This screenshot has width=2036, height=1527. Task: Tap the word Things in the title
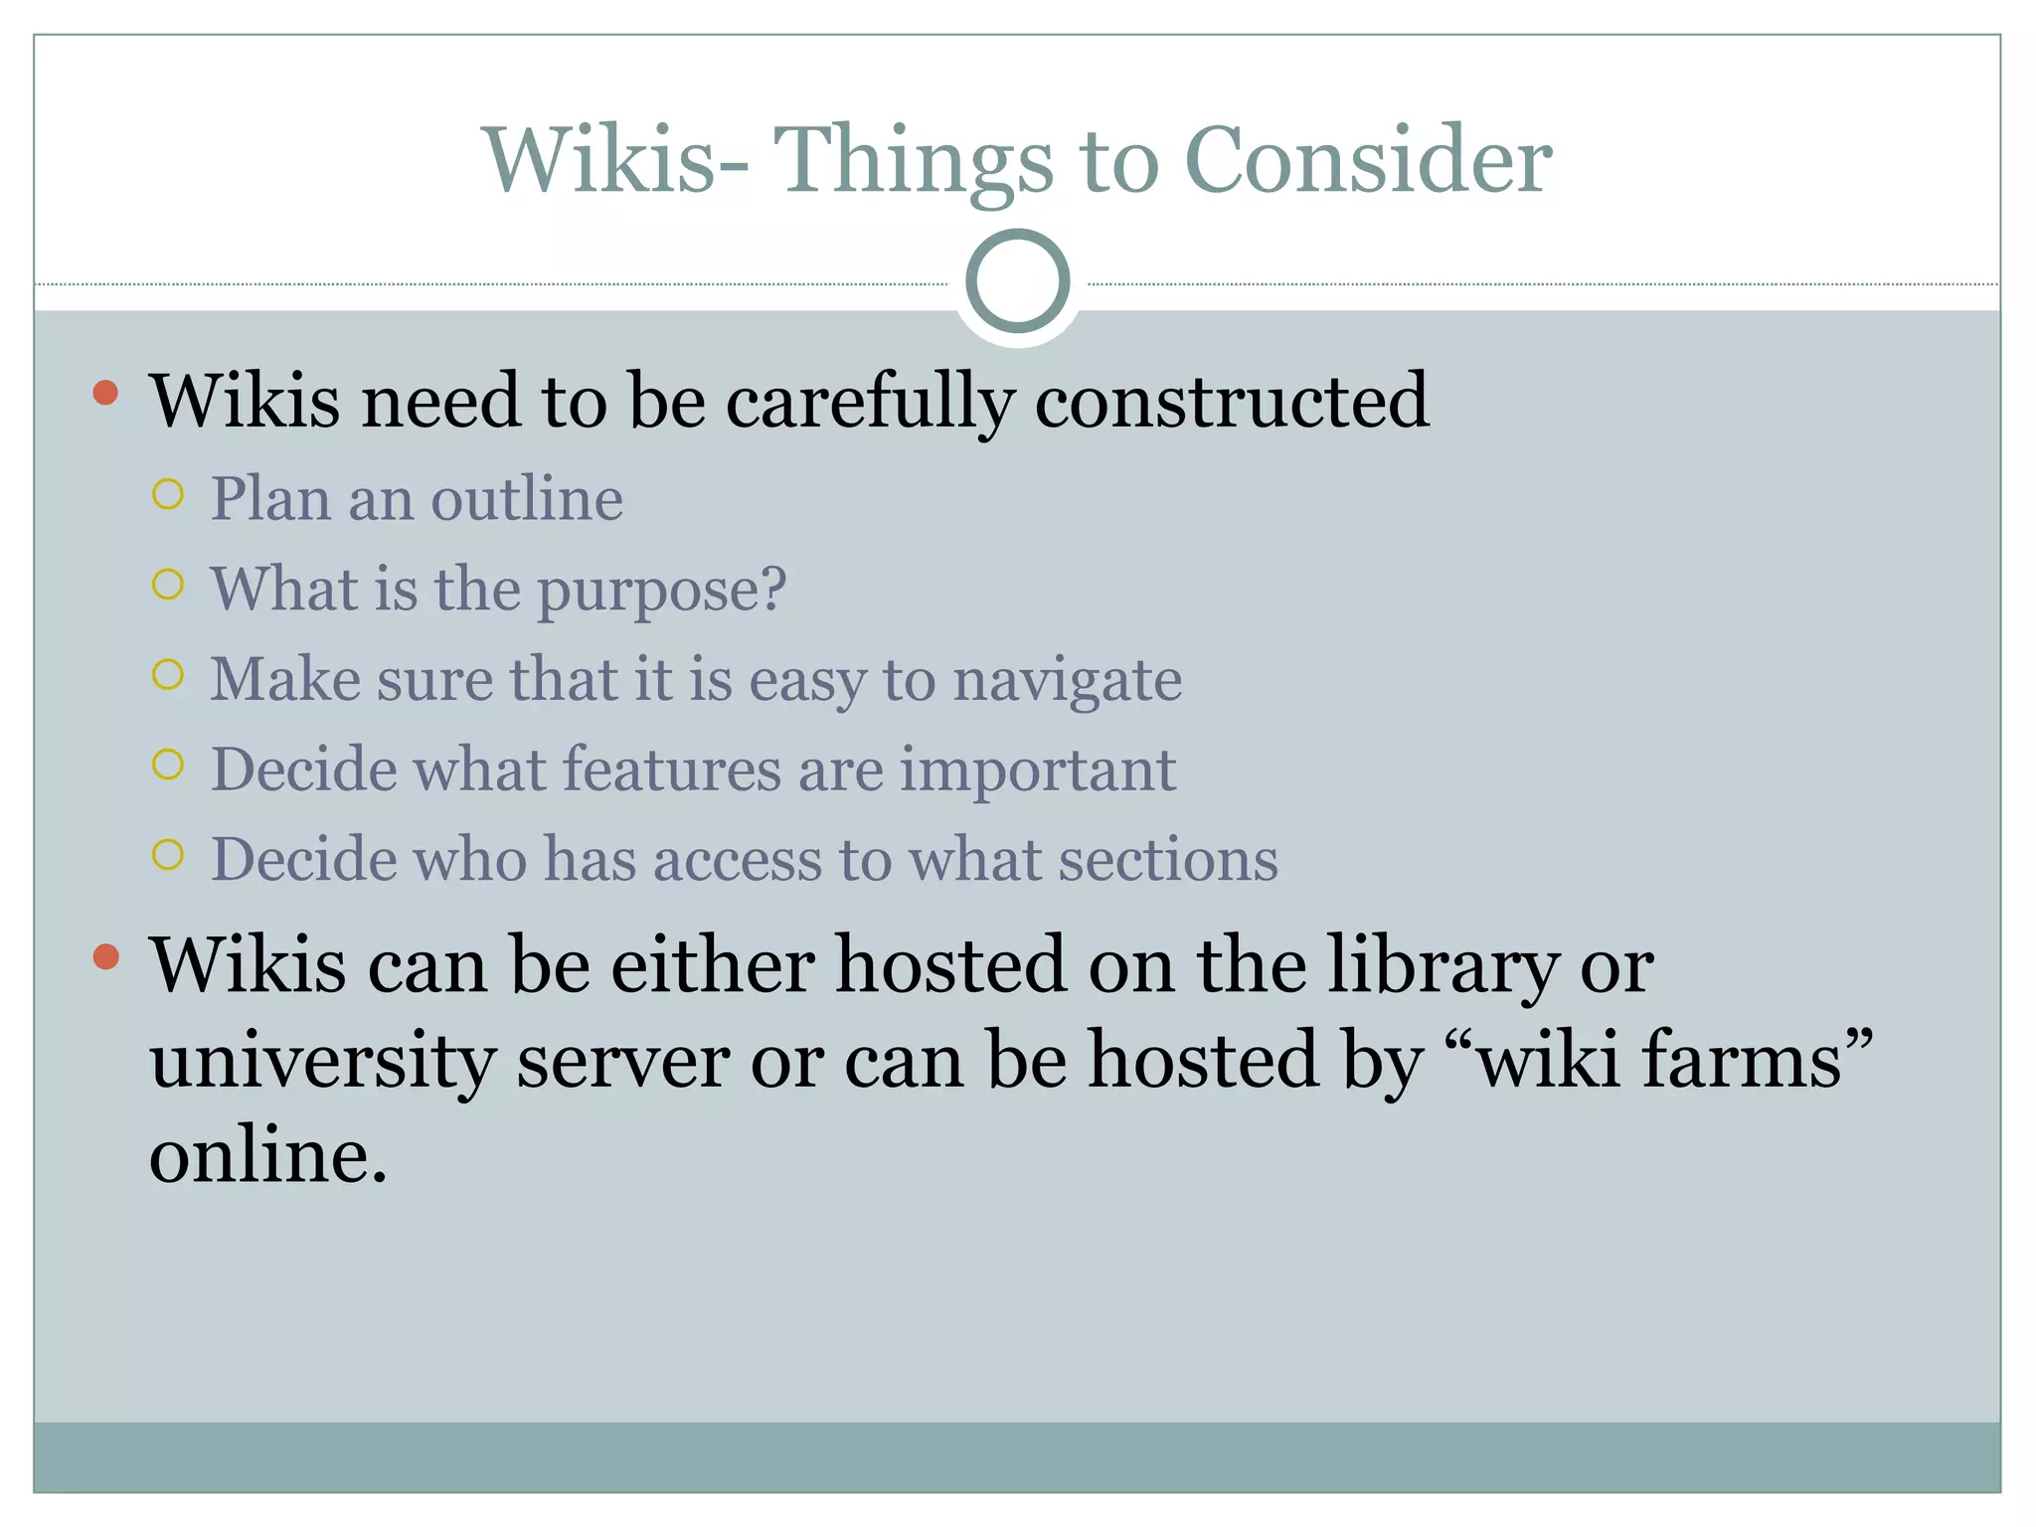[x=913, y=161]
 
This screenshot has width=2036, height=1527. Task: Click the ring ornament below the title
[x=1017, y=281]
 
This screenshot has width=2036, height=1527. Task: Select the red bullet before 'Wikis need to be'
[x=105, y=393]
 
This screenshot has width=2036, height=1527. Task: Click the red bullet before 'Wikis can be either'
[x=105, y=956]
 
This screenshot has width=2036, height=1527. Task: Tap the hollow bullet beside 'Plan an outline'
[x=168, y=494]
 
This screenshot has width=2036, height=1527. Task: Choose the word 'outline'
[x=527, y=498]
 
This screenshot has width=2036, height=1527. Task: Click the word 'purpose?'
[x=662, y=591]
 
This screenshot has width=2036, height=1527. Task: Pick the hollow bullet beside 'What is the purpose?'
[x=168, y=585]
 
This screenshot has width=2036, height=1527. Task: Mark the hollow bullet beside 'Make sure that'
[x=168, y=675]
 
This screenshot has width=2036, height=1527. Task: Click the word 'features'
[x=672, y=769]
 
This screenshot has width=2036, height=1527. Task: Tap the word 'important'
[x=1038, y=771]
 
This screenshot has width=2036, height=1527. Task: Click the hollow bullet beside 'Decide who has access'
[x=168, y=855]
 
